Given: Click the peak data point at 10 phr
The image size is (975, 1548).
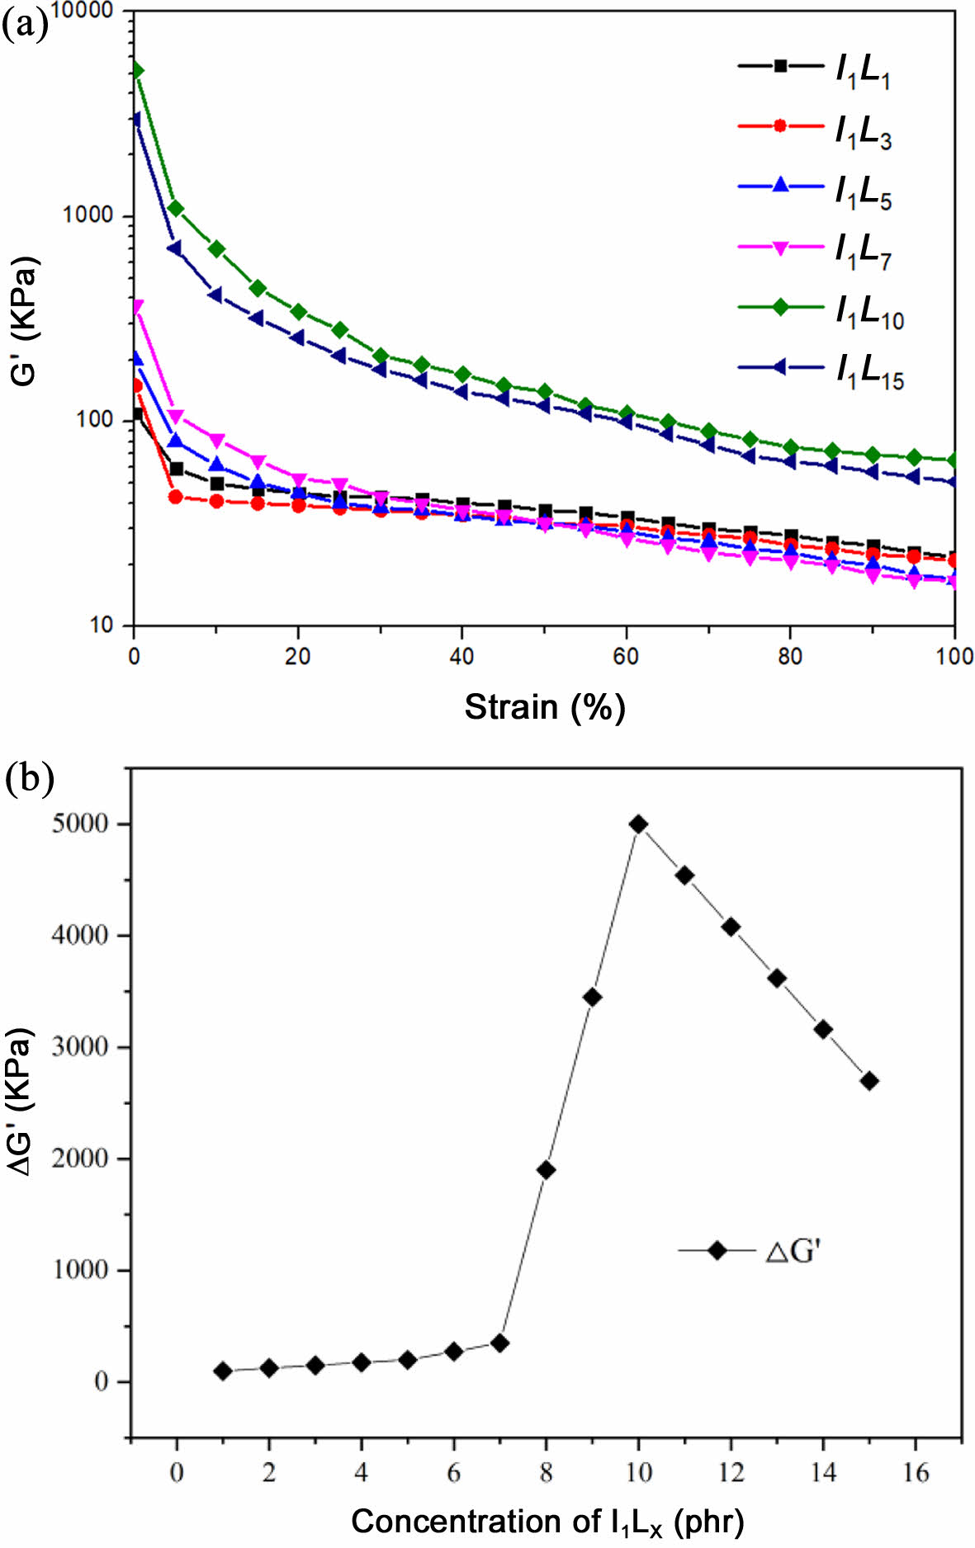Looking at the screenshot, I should point(638,824).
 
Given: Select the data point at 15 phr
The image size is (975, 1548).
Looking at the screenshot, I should point(869,1081).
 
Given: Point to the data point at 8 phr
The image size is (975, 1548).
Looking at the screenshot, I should point(546,1169).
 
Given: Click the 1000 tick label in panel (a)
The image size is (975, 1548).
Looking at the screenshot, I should point(87,215).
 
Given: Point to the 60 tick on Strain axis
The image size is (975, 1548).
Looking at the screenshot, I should point(626,656).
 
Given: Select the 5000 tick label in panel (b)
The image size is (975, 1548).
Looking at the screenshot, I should point(79,824).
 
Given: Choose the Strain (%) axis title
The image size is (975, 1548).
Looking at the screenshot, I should point(544,708).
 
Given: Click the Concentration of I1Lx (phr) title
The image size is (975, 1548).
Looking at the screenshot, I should point(547,1520).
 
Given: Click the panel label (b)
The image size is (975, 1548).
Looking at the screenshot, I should point(29,777).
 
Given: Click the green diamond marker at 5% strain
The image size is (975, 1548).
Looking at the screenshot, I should point(175,208).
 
